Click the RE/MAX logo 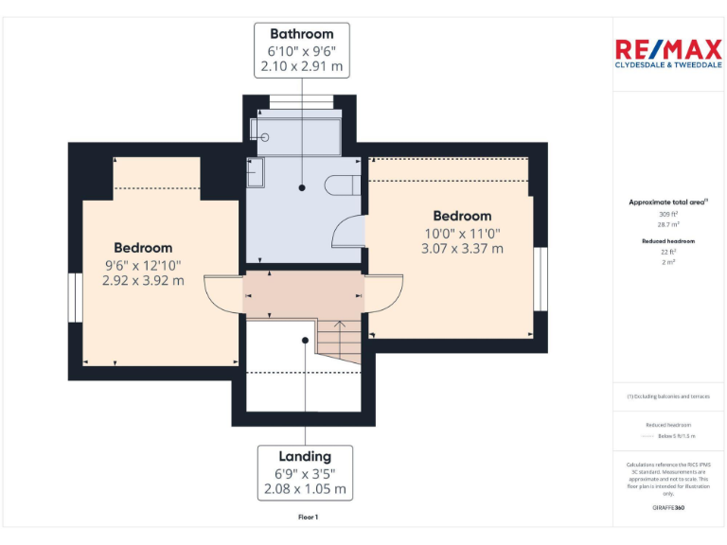668,53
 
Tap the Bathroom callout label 302,50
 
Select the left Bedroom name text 144,248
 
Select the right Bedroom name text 462,216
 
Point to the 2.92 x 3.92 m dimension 144,281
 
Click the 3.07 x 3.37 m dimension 462,249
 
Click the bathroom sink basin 257,172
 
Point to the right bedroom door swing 384,294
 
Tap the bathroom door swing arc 349,231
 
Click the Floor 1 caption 308,518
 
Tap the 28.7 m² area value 668,224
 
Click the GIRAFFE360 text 668,508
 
